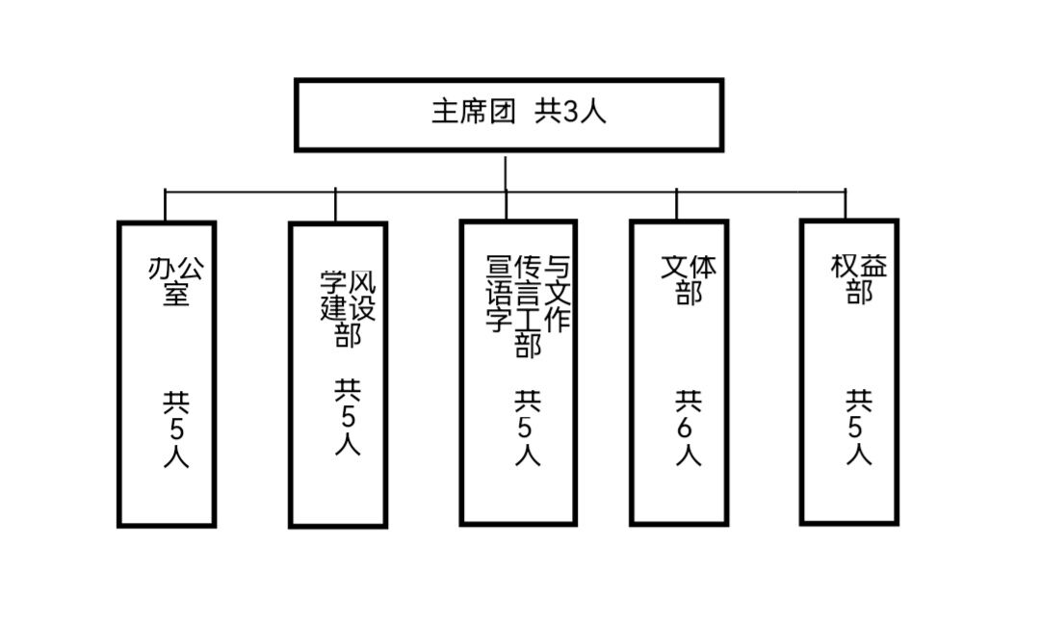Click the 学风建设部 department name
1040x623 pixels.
pyautogui.click(x=348, y=308)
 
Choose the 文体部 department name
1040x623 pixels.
pyautogui.click(x=689, y=278)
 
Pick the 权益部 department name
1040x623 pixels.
pyautogui.click(x=859, y=278)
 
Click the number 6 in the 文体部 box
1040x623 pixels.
pyautogui.click(x=688, y=428)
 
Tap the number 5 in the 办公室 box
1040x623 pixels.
pyautogui.click(x=175, y=428)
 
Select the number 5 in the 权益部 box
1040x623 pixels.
pyautogui.click(x=859, y=428)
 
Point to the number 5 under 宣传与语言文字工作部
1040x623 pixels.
pyautogui.click(x=527, y=428)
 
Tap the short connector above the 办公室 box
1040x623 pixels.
pyautogui.click(x=166, y=205)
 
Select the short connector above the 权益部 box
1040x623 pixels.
pyautogui.click(x=845, y=204)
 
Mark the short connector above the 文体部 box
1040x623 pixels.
pyautogui.click(x=676, y=204)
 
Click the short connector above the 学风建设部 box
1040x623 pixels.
pyautogui.click(x=335, y=205)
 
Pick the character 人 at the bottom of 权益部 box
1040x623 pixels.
pyautogui.click(x=859, y=454)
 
